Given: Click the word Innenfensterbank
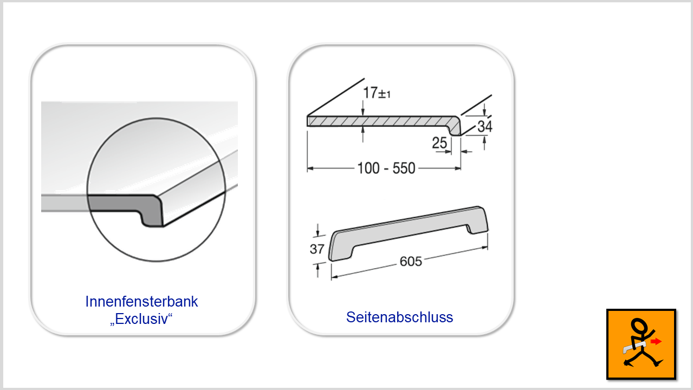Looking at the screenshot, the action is coord(142,302).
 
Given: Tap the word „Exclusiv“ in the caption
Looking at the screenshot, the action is coord(141,319).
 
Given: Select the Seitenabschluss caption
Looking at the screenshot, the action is coord(399,317).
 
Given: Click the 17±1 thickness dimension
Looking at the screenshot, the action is coord(377,93).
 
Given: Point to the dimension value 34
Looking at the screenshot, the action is coord(485,126).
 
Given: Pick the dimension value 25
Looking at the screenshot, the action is coord(439,143).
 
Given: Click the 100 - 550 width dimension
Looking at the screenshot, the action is coord(386,168).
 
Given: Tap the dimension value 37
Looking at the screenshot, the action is coord(317,249).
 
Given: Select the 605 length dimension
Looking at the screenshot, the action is coord(411,262).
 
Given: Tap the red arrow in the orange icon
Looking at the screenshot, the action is coord(656,341).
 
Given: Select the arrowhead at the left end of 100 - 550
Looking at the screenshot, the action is coord(310,168).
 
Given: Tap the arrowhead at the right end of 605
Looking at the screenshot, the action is coord(484,248).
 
